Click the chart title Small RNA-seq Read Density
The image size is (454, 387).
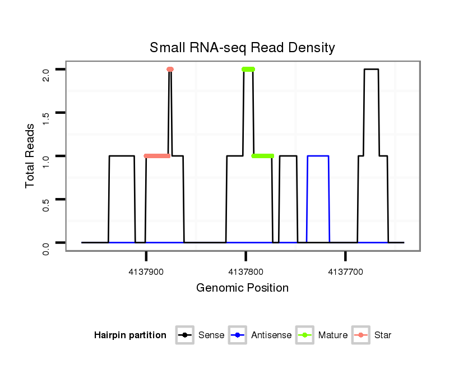tap(242, 48)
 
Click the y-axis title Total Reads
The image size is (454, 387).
tap(31, 155)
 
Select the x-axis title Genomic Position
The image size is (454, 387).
tap(242, 288)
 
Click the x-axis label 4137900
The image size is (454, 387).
tap(146, 272)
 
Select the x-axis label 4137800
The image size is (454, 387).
tap(245, 272)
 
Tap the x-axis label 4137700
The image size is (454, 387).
tap(345, 272)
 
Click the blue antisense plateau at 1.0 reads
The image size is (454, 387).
tap(318, 156)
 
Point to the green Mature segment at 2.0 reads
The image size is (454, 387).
tap(248, 70)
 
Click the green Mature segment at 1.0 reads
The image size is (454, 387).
tap(263, 156)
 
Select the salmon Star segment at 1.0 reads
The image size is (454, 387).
tap(157, 156)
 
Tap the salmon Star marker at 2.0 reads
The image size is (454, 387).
tap(170, 70)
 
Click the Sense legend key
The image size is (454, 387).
tap(184, 335)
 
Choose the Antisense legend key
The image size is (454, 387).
tap(238, 335)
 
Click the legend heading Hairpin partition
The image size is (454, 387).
tap(130, 335)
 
